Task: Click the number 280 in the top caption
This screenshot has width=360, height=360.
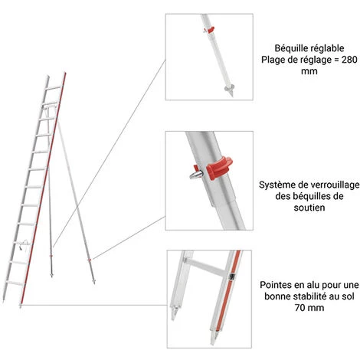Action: click(349, 60)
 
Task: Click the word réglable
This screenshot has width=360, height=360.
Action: click(326, 48)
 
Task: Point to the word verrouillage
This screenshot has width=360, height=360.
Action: click(334, 185)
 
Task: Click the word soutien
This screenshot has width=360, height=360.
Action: click(309, 208)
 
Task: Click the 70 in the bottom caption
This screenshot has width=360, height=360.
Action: click(299, 307)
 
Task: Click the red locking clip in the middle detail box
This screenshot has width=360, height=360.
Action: click(219, 168)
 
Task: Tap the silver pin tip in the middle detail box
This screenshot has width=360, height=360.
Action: click(196, 175)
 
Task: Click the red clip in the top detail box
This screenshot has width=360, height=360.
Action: click(210, 30)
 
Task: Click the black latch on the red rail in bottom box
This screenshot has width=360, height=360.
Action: click(231, 277)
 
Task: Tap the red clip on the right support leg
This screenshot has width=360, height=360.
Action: click(89, 260)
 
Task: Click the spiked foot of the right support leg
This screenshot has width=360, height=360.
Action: click(93, 281)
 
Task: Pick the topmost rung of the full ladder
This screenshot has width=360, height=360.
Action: click(54, 88)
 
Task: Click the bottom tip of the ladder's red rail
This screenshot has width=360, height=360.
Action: click(21, 306)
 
